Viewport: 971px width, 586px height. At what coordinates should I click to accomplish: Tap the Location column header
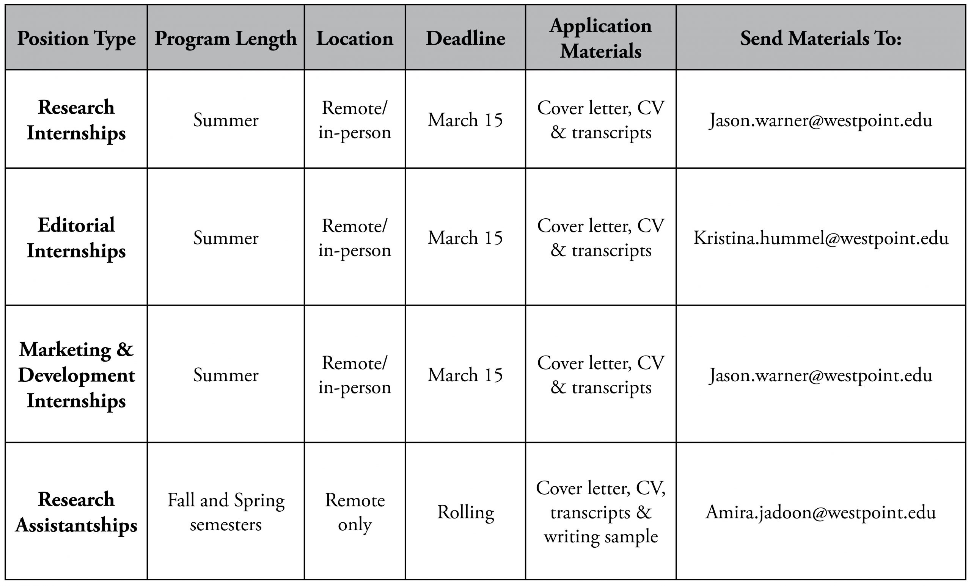coord(355,38)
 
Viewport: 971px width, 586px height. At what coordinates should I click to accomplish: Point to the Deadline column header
coord(465,38)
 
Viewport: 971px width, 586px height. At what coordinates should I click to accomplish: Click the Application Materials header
coord(600,38)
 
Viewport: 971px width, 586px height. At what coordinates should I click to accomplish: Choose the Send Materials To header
coord(821,38)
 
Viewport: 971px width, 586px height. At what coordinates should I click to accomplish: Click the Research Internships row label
coord(77,120)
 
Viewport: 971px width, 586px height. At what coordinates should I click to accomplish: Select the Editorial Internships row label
coord(77,238)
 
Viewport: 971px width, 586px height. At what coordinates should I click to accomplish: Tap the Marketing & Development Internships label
coord(77,375)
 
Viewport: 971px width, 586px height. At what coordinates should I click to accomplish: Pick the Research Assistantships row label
coord(77,512)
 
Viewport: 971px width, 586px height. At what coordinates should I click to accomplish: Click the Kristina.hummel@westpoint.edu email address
coord(821,238)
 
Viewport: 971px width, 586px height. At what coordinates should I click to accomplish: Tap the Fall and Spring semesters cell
coord(226,512)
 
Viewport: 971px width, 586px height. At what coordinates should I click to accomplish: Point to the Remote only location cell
coord(355,512)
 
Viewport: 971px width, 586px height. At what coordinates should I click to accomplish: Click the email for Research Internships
coord(821,120)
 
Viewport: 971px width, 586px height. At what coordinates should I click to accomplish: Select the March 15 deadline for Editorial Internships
coord(465,238)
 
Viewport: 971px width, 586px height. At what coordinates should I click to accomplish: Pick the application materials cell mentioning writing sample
coord(600,512)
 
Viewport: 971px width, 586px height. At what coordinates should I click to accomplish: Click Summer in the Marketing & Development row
coord(226,375)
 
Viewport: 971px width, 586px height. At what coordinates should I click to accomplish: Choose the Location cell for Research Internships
coord(355,120)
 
